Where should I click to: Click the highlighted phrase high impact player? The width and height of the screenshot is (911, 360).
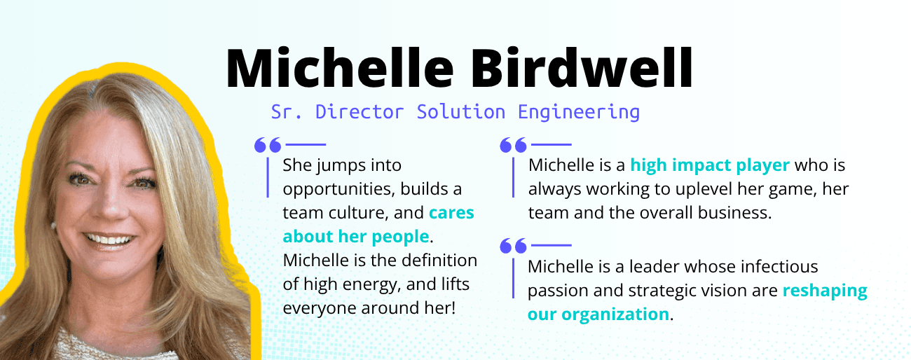tap(710, 166)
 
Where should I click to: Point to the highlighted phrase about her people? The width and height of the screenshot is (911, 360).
tap(355, 236)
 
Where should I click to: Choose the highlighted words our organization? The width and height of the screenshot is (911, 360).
tap(598, 314)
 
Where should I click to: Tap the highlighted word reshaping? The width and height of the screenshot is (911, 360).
tap(825, 290)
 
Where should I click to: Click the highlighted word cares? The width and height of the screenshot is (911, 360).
tap(451, 212)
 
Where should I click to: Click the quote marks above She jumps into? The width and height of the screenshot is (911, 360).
tap(268, 145)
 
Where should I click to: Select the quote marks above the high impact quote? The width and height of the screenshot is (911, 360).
tap(513, 145)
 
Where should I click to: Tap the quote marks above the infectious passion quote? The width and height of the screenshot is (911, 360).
tap(513, 245)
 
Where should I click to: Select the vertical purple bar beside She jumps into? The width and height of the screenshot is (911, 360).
tap(268, 176)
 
